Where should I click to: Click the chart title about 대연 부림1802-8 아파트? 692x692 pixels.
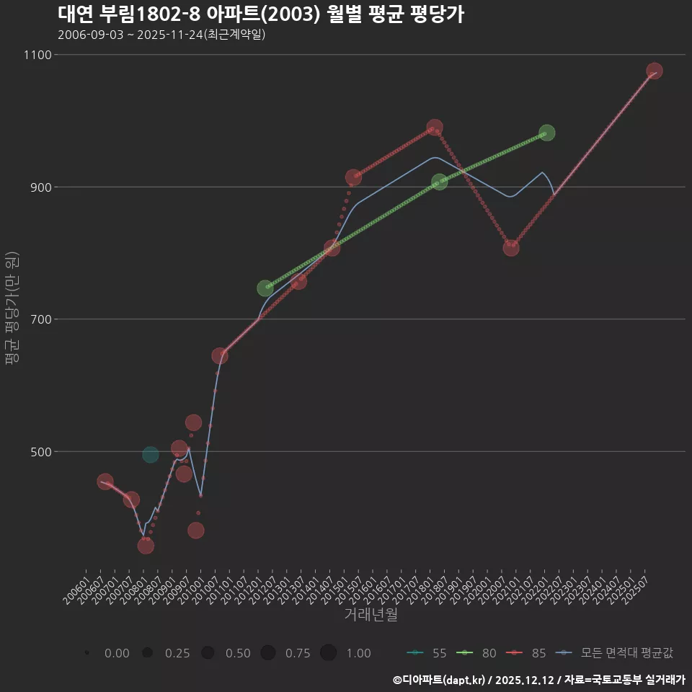click(x=260, y=14)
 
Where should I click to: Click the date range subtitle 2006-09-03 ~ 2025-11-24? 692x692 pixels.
click(x=161, y=35)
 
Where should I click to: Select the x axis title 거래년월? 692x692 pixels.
click(x=371, y=615)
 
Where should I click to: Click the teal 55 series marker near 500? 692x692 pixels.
click(x=150, y=454)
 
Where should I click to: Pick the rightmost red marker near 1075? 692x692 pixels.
click(x=654, y=71)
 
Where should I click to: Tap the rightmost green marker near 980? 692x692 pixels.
click(x=546, y=133)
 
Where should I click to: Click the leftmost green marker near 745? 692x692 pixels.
click(x=265, y=288)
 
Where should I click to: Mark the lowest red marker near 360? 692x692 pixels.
click(x=146, y=546)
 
